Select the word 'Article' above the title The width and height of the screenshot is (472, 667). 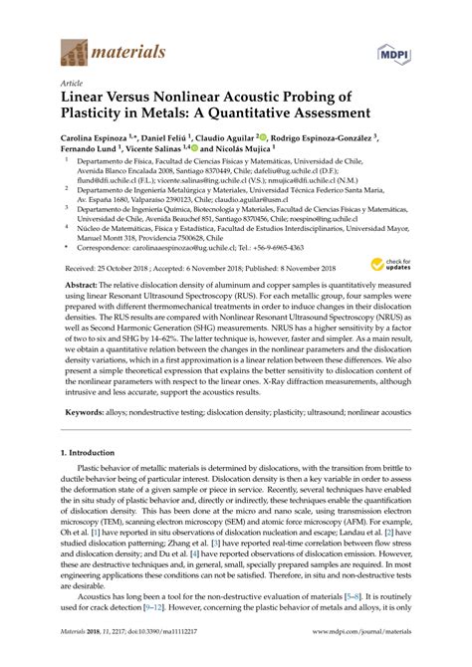pos(72,83)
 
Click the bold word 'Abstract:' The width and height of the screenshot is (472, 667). pos(84,285)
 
